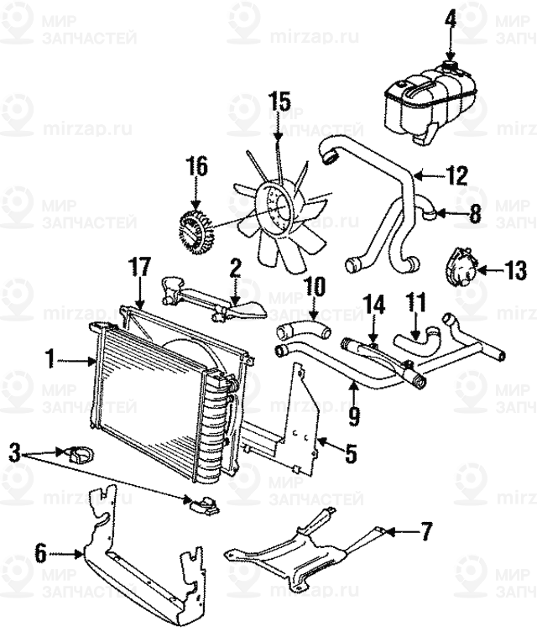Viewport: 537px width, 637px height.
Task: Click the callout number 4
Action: point(451,17)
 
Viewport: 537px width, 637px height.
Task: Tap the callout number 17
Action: point(138,269)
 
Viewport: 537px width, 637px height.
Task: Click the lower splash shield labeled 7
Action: point(302,554)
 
